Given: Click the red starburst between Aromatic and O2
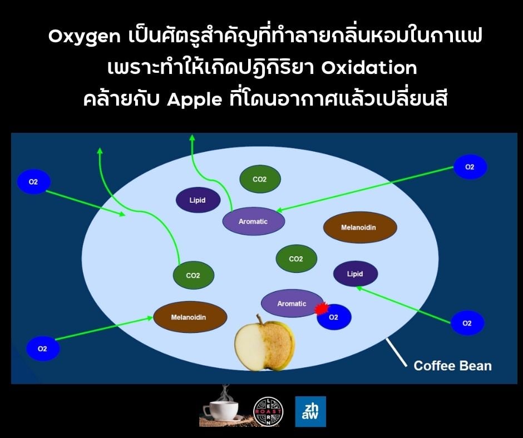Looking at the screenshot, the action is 321,308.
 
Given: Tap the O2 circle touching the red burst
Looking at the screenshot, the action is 334,317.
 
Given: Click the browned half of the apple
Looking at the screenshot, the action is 279,344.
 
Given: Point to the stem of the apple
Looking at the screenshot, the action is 259,320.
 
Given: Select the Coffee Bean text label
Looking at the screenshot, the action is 453,366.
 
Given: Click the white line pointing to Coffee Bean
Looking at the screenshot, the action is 397,352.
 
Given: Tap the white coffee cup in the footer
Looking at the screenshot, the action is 221,408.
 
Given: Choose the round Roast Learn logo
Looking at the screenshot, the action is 268,412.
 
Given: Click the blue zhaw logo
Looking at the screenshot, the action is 310,411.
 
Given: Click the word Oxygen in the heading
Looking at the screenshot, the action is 85,37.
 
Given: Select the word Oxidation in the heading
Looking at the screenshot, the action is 369,68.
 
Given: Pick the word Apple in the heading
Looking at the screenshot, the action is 195,99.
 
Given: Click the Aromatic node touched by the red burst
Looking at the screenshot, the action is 292,303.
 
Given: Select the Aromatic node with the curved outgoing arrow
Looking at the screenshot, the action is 254,221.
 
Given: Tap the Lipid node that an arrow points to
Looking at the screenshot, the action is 355,273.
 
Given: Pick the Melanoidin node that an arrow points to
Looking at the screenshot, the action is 190,317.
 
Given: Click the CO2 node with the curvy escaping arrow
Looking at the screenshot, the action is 194,275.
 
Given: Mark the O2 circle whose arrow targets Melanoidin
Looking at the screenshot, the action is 43,349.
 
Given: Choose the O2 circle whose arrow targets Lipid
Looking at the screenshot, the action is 467,323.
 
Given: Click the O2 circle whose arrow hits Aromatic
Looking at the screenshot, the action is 470,167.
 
